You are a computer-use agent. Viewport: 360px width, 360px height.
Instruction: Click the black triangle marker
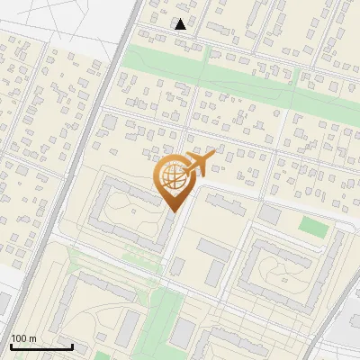coord(181,24)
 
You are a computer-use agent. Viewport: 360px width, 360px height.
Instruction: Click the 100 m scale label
coord(23,338)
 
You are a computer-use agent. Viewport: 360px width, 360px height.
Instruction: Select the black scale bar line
coord(41,346)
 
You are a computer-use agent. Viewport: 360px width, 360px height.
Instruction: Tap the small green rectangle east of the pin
coord(313,226)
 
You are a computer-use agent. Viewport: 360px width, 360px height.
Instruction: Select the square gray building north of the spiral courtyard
coord(270,214)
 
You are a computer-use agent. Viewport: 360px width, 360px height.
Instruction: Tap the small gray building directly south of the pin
coord(177,266)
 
